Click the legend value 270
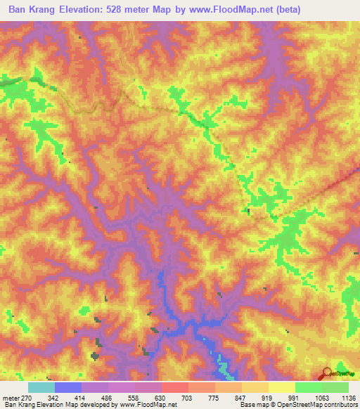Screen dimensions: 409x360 (27, 398)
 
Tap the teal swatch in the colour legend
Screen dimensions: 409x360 (41, 387)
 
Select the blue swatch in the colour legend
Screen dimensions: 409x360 (67, 387)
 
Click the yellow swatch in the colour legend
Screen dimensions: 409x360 (281, 387)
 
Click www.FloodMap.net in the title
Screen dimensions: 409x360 (245, 11)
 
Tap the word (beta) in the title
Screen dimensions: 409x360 (306, 11)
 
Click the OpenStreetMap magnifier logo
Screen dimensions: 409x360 (326, 373)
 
